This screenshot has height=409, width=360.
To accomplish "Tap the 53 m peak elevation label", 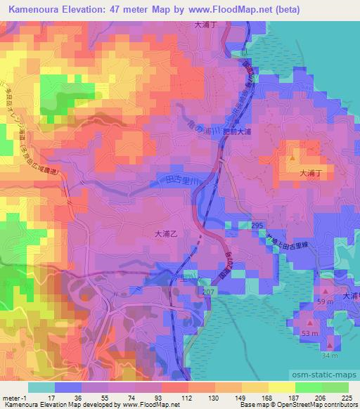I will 309,331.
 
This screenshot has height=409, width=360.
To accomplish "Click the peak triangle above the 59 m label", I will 326,290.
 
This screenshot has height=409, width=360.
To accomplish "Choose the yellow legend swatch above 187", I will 281,387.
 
